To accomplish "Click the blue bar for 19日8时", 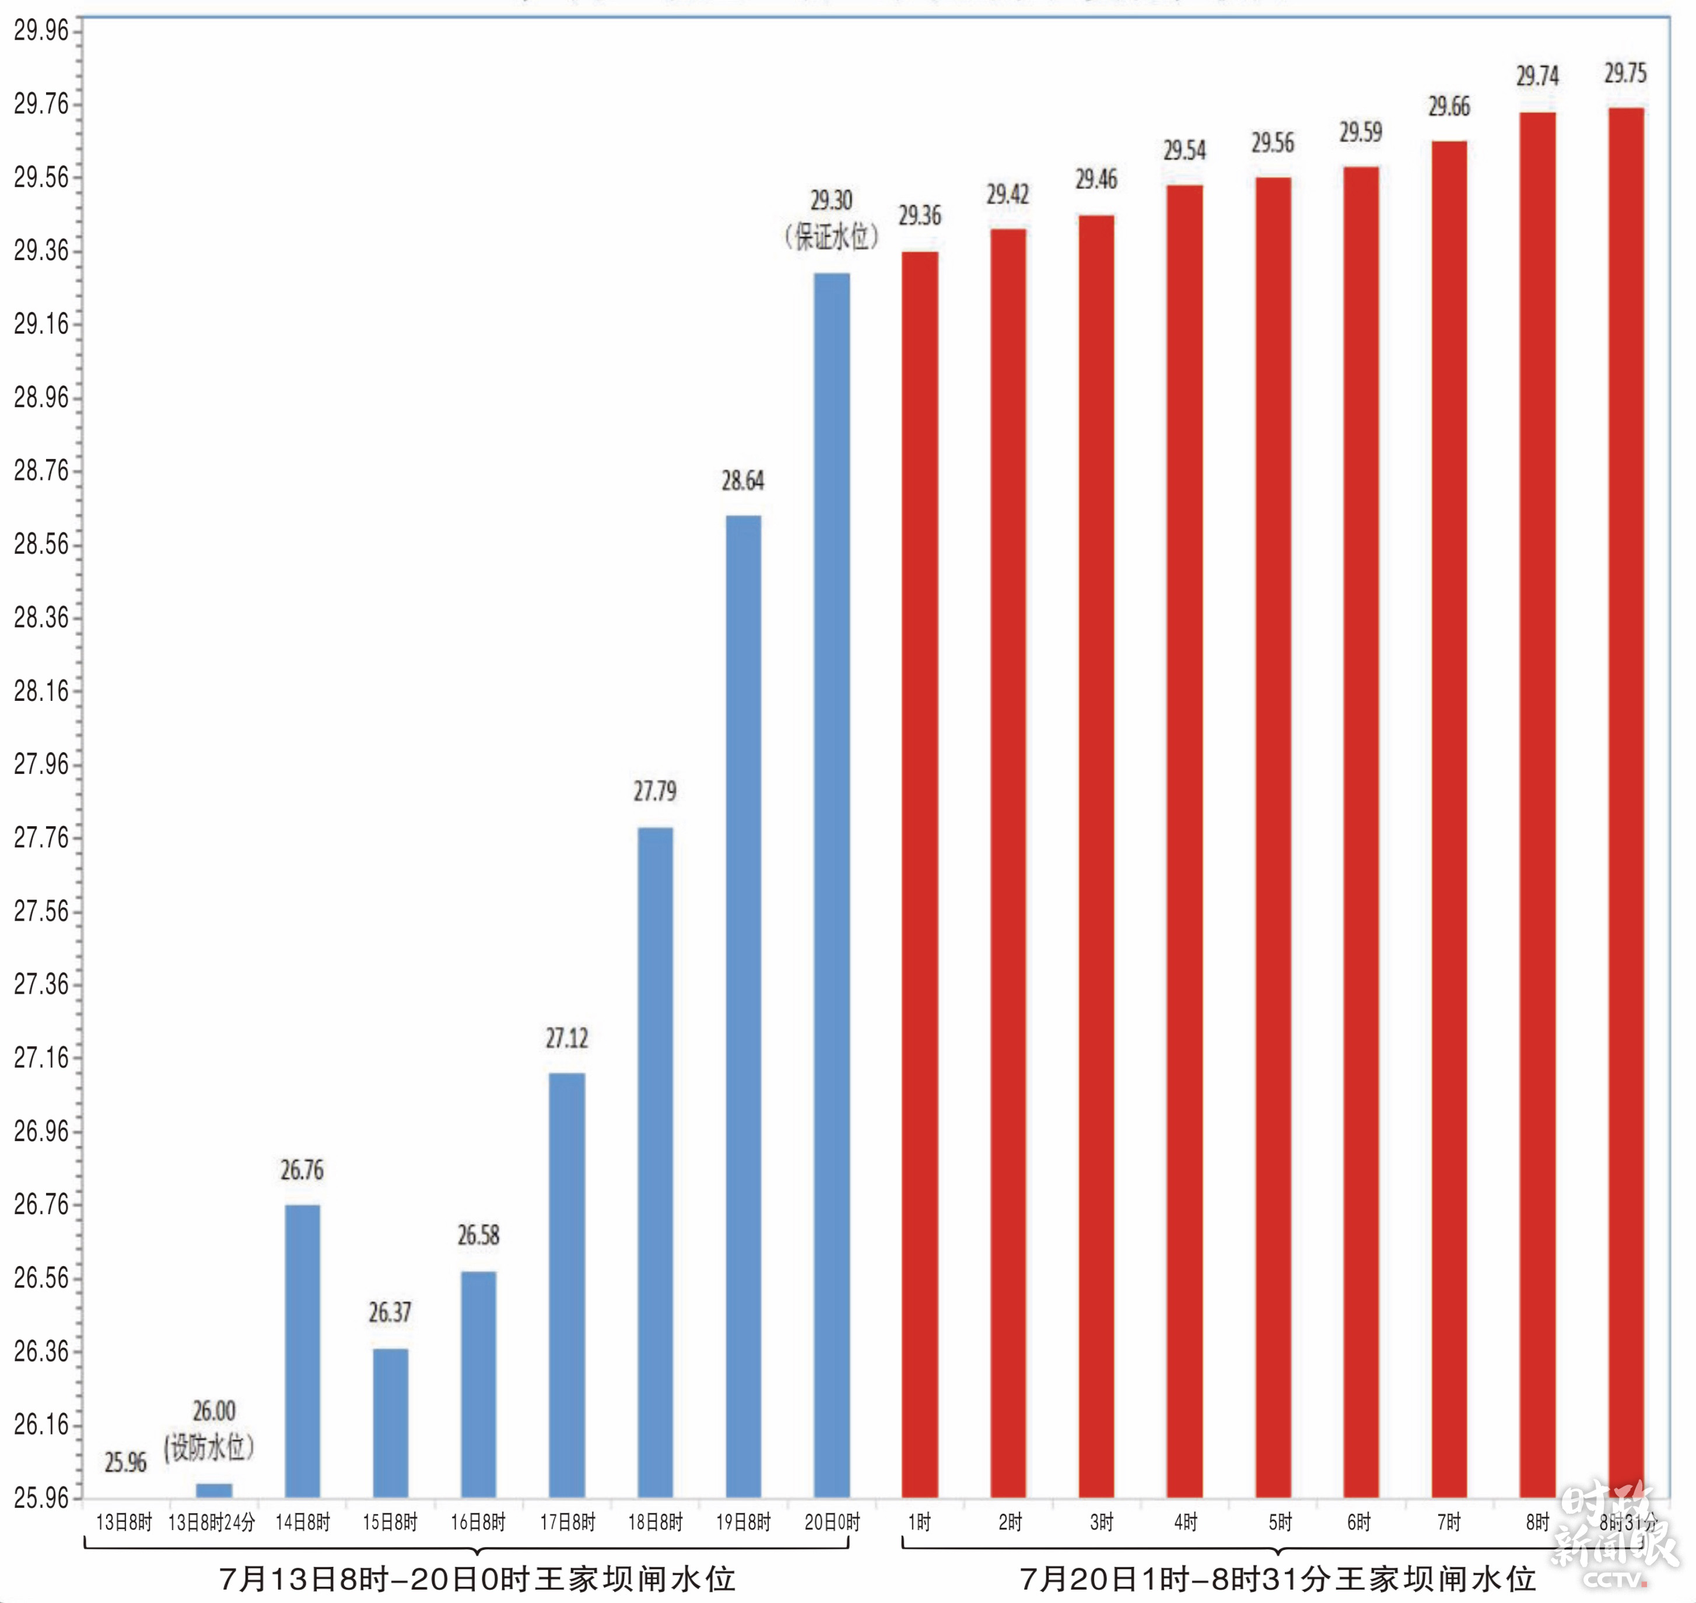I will [x=744, y=1008].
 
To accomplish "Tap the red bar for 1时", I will [x=919, y=872].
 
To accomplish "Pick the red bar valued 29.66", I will [x=1449, y=820].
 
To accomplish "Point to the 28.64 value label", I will [x=742, y=481].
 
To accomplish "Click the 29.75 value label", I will [x=1625, y=73].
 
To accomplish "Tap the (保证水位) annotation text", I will [x=831, y=237].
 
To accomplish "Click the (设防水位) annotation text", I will [x=209, y=1447].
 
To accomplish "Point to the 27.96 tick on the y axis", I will [x=41, y=763].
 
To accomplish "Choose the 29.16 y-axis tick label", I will [x=41, y=323].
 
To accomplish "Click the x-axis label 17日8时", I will [x=567, y=1522].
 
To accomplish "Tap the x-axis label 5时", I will [x=1280, y=1522].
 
